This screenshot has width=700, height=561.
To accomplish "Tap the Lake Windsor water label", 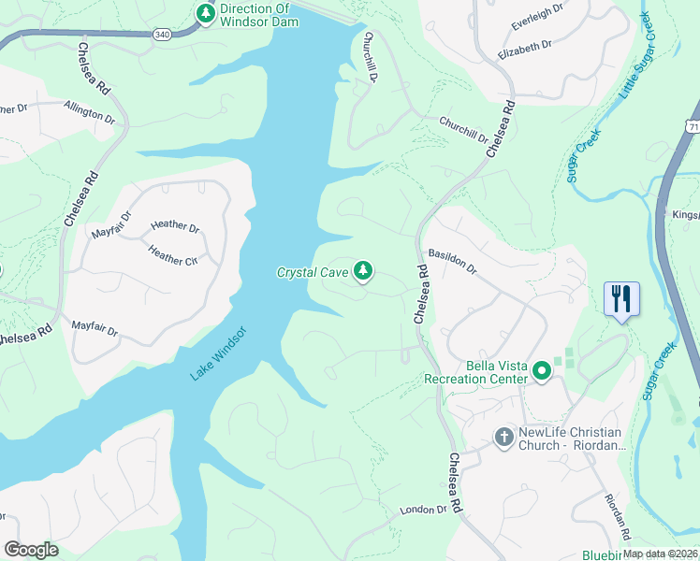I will (218, 353).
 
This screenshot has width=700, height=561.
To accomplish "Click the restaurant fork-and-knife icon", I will (621, 299).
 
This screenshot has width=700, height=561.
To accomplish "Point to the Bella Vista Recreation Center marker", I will (541, 372).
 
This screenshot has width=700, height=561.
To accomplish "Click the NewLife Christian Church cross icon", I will (503, 437).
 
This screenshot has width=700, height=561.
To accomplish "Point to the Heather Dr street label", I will (175, 227).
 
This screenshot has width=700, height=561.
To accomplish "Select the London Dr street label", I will (424, 510).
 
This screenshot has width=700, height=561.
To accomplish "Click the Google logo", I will (31, 550).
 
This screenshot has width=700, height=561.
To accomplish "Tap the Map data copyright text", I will (660, 554).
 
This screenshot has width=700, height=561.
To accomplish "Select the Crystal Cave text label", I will (312, 273).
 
